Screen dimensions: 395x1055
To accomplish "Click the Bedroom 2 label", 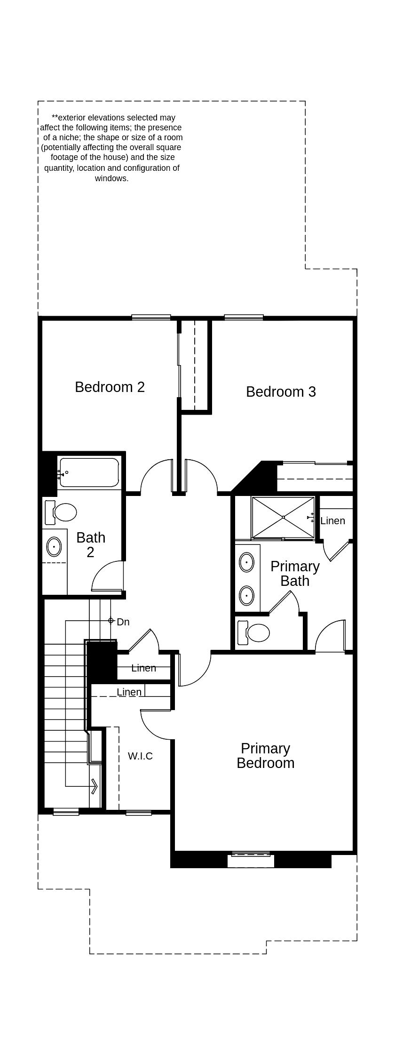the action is coord(110,387).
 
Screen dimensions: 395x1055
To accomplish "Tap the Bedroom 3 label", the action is coord(281,392).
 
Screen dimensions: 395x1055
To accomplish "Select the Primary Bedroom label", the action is coord(265,755).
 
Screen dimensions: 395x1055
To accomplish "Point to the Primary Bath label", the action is coord(295,573).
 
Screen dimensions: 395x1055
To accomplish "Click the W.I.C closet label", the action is coord(140,756).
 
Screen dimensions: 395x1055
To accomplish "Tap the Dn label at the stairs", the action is coord(123,622).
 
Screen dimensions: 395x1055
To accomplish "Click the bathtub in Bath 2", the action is coord(89,472).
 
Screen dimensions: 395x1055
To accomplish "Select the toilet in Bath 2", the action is coord(61,512).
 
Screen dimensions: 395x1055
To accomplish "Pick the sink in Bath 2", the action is coord(54,547).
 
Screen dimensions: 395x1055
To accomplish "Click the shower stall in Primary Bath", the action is coord(283,517).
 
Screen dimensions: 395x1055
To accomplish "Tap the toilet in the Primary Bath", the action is coord(253,632).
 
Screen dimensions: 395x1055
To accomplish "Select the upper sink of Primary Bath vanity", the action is coord(246,562).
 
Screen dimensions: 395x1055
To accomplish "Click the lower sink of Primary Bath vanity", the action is coord(246,595).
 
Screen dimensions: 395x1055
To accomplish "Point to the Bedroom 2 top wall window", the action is coord(151,318).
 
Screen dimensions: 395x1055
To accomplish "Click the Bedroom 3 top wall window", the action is coord(244,318).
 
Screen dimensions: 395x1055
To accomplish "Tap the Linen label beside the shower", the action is coord(333,521).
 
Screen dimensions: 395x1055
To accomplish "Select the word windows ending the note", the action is coord(111,178).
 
